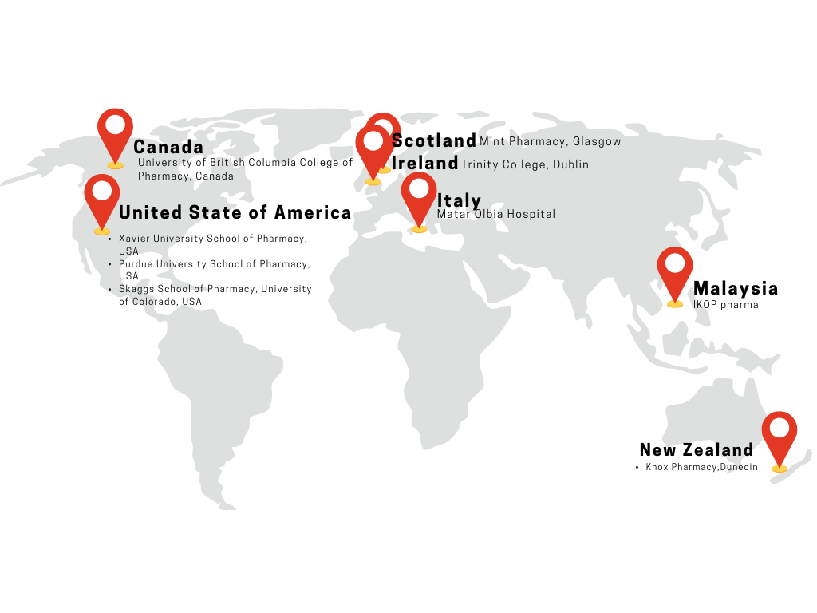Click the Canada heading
(168, 148)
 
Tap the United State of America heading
(235, 212)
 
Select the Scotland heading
(434, 141)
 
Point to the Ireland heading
(425, 164)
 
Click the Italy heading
(459, 200)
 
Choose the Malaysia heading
(736, 289)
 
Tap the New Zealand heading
(697, 450)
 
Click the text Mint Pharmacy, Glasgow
(550, 142)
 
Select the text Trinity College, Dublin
(525, 165)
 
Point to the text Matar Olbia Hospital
(496, 215)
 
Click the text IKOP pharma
(725, 305)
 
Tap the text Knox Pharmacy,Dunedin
(701, 467)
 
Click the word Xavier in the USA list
(133, 239)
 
